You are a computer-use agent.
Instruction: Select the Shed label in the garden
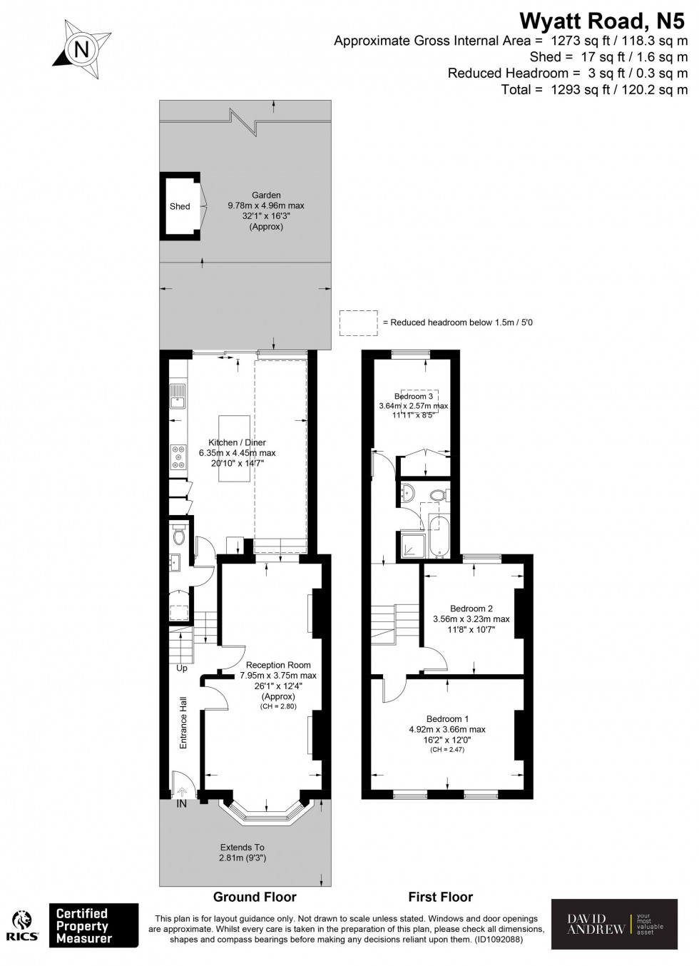(x=180, y=206)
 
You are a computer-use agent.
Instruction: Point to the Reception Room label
(x=278, y=665)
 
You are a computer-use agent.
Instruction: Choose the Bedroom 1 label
(x=447, y=718)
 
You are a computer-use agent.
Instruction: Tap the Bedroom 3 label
(x=414, y=396)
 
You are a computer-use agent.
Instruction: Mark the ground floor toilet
(x=179, y=534)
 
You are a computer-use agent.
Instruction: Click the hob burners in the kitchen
(x=176, y=457)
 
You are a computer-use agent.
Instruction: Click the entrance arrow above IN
(x=182, y=790)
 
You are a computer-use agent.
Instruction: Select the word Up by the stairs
(x=182, y=668)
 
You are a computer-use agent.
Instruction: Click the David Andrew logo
(x=614, y=924)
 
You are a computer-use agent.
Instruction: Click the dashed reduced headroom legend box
(x=359, y=322)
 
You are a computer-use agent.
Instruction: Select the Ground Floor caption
(x=255, y=897)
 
